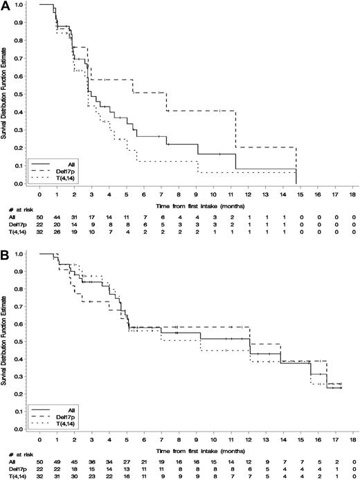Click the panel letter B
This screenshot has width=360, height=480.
point(6,246)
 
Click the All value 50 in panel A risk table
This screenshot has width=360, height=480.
point(39,216)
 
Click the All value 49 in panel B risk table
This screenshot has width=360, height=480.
point(57,460)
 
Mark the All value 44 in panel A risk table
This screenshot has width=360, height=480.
point(57,216)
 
